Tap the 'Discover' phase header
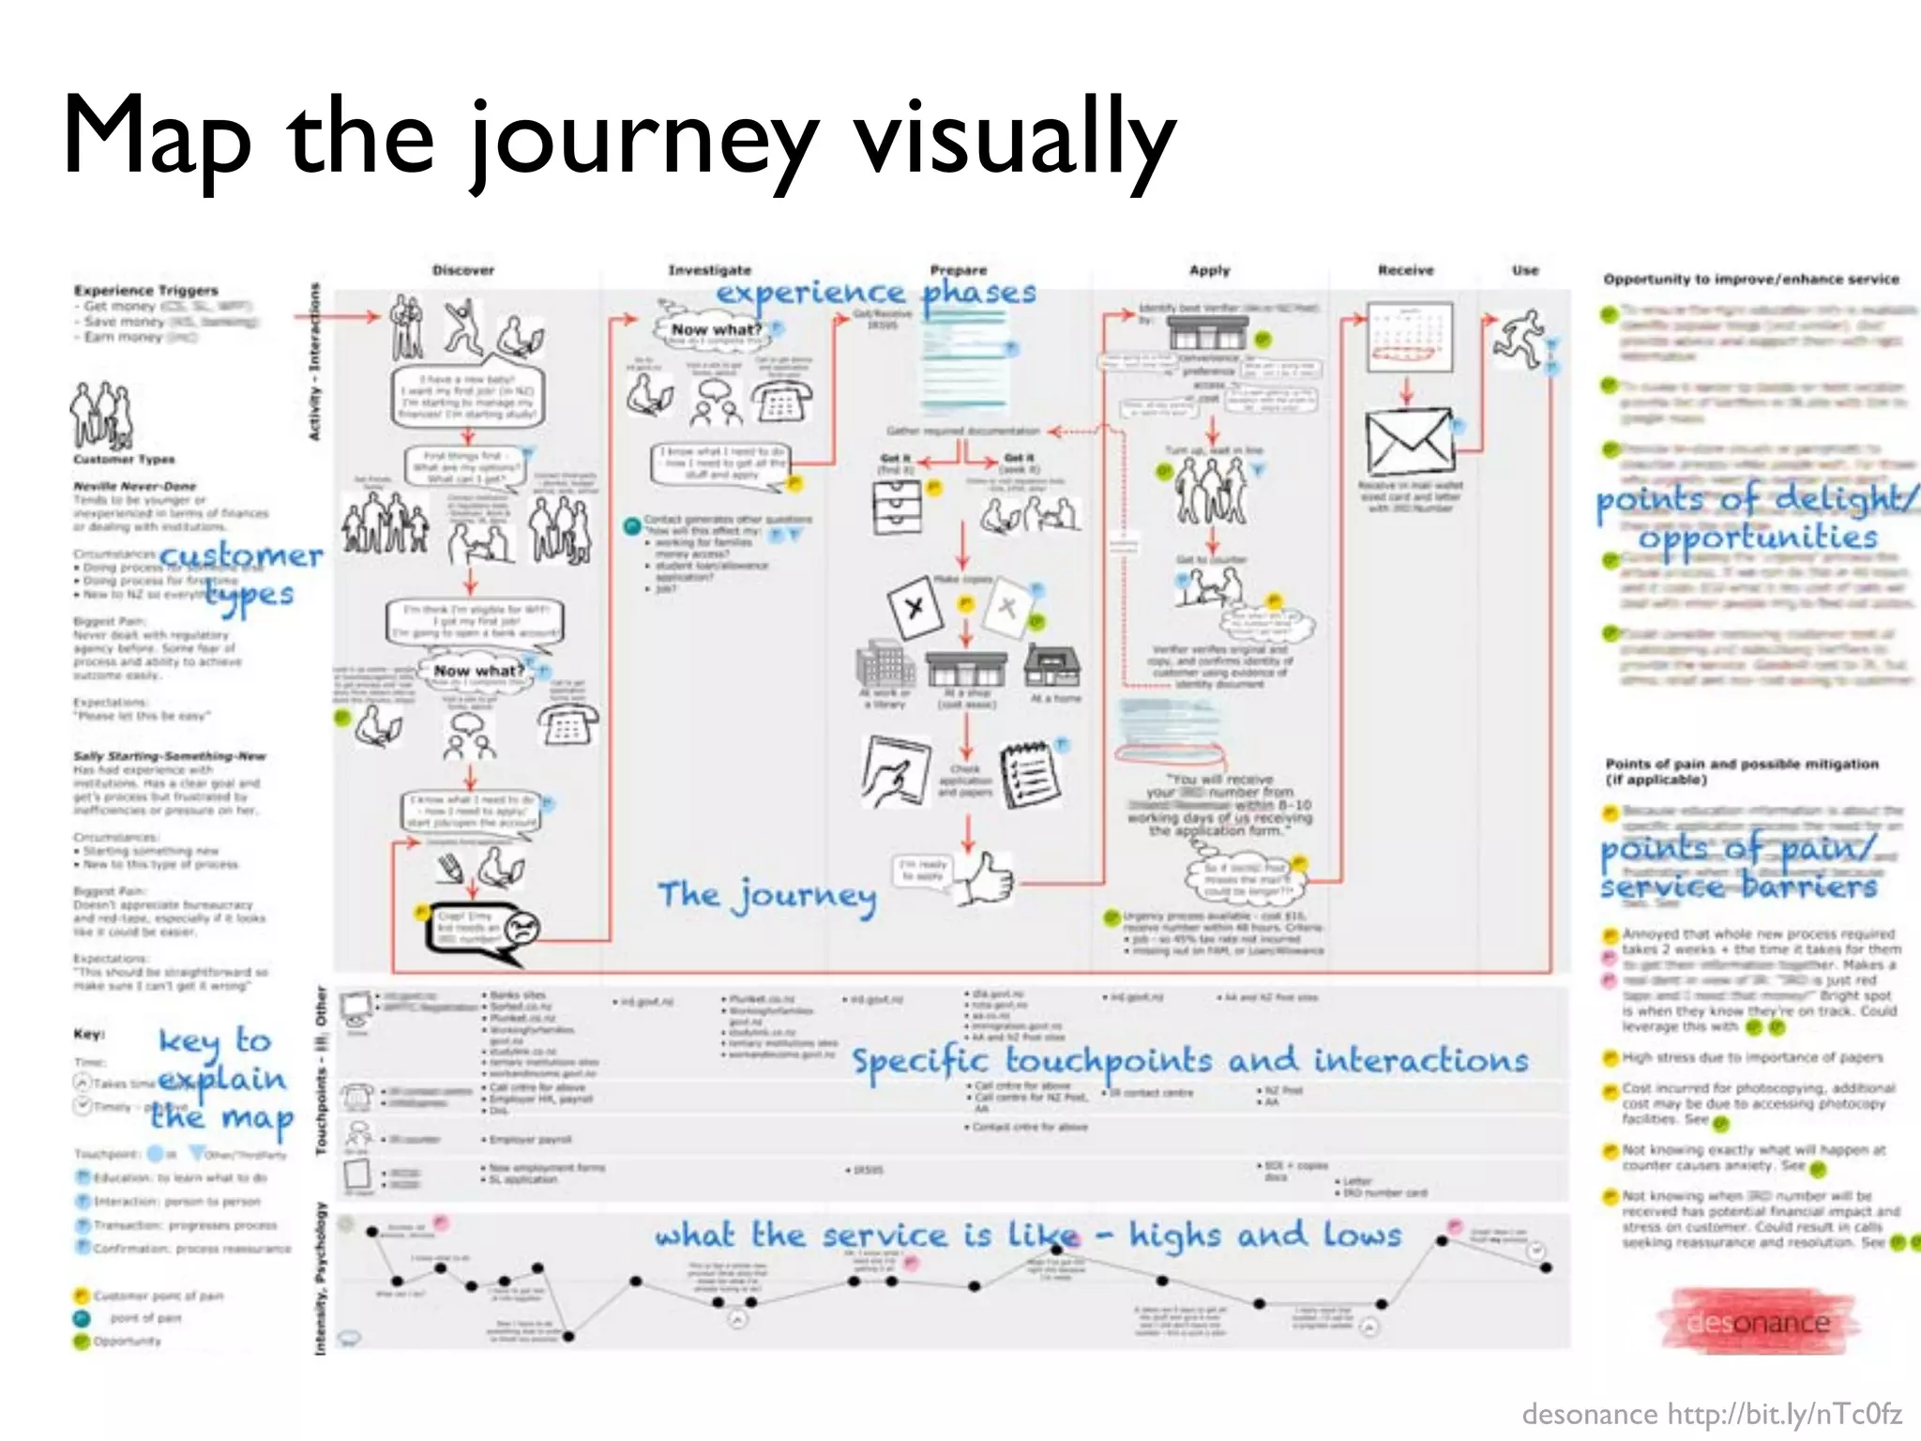coord(463,270)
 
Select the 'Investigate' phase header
coord(709,270)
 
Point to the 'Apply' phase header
coord(1209,270)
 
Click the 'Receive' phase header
coord(1405,270)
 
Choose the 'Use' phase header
coord(1525,270)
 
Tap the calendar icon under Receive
coord(1410,338)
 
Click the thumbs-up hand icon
coord(985,878)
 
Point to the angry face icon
coord(522,929)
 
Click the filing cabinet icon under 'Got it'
coord(897,508)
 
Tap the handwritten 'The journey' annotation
coord(767,895)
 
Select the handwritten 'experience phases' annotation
coord(876,293)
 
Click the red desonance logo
coord(1758,1322)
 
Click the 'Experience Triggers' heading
coord(146,291)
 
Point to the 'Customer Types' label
coord(124,460)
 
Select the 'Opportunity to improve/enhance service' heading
coord(1750,280)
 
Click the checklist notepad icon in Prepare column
coord(1029,775)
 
